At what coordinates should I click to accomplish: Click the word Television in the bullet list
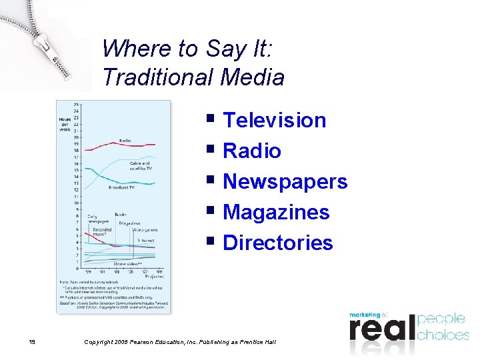coord(274,121)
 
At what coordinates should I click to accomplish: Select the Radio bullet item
coord(252,151)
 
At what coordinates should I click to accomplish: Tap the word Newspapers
coord(285,182)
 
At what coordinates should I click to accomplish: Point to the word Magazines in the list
coord(276,213)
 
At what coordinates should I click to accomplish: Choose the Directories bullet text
coord(278,243)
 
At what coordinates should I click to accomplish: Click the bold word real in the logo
coord(381,330)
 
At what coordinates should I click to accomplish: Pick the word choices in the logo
coord(443,334)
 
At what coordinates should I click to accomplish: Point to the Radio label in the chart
coord(125,140)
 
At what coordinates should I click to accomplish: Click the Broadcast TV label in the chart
coord(122,187)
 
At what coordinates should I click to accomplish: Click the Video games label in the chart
coord(144,230)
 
